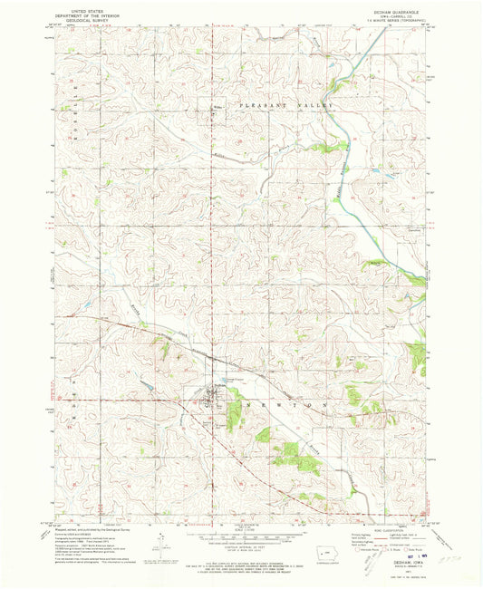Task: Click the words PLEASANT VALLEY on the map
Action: pos(286,106)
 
